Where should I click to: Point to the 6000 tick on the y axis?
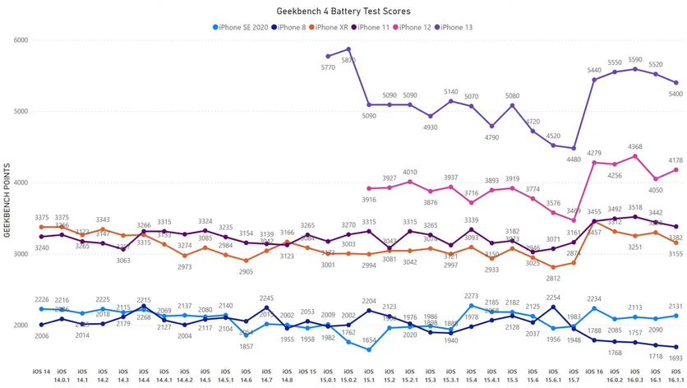20,40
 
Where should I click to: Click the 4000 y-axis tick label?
20,182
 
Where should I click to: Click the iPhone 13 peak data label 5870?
348,60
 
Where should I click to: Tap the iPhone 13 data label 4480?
574,160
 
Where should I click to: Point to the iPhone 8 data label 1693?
675,358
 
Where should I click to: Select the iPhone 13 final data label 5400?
675,94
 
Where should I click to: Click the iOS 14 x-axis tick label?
41,371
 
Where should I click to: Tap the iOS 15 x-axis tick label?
307,371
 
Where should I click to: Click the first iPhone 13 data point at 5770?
328,56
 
